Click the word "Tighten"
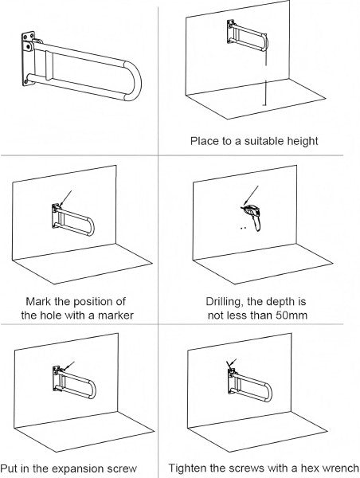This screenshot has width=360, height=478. pos(186,468)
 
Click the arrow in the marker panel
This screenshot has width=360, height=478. pos(66,199)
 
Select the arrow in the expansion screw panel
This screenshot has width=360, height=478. pos(68,366)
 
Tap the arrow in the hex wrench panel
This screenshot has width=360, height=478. pos(232,362)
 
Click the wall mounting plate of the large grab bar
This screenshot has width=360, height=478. pos(29,59)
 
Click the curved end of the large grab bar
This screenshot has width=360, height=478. pos(132,80)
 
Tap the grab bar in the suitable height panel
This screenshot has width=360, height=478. pos(248,36)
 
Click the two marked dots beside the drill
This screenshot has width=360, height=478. pos(243,227)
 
